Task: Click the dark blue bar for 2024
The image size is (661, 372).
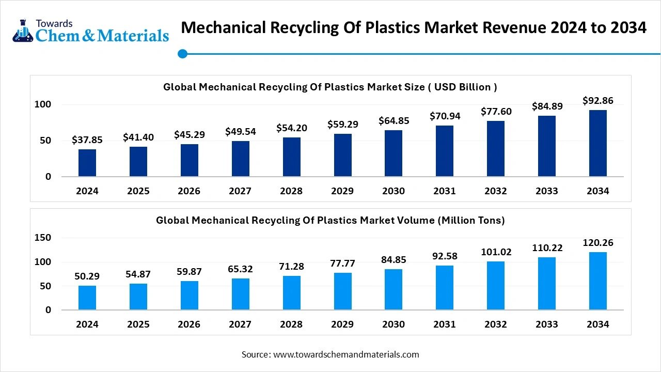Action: (x=87, y=163)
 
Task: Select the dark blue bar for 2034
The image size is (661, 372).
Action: (x=598, y=143)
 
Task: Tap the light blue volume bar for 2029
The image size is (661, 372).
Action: (x=343, y=291)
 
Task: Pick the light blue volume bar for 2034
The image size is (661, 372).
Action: (x=598, y=281)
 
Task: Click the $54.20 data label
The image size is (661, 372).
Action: (x=292, y=128)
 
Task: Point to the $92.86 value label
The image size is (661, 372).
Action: (x=598, y=101)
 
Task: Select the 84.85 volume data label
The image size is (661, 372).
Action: (x=394, y=260)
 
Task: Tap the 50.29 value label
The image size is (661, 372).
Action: (x=87, y=276)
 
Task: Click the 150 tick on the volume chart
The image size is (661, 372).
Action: (x=43, y=238)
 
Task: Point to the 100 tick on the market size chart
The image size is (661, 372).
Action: (x=43, y=104)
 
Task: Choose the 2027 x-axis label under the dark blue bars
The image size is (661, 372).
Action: (x=240, y=191)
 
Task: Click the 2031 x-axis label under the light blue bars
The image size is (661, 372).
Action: (x=445, y=324)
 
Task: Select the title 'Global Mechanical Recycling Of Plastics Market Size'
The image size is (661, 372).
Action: (x=330, y=87)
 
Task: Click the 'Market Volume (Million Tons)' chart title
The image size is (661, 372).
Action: (x=330, y=220)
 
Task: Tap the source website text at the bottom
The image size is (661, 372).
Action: (x=330, y=354)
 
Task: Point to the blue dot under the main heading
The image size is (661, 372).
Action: (x=182, y=54)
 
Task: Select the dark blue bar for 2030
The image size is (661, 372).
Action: (x=394, y=153)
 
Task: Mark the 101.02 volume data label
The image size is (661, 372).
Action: (x=496, y=252)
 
